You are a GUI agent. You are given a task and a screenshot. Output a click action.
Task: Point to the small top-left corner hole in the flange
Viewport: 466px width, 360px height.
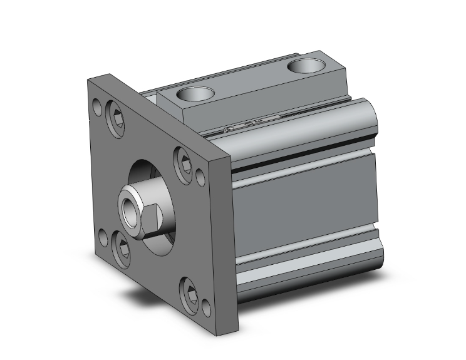[x=97, y=106]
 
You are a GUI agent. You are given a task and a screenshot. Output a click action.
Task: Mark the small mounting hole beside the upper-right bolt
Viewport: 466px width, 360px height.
[x=200, y=176]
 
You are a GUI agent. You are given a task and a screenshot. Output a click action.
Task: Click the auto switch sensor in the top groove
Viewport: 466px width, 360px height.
[x=251, y=124]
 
